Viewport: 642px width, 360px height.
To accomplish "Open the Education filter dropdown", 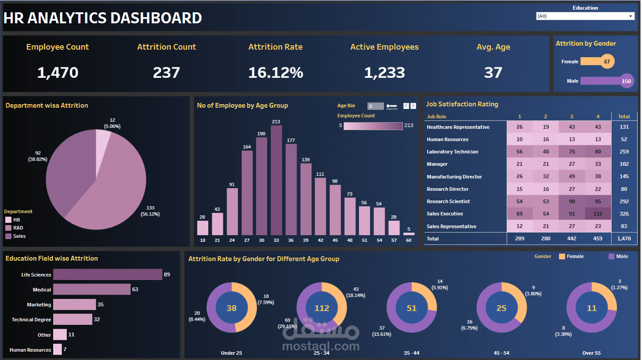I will (x=585, y=16).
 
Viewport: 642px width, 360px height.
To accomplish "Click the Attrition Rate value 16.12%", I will (x=276, y=73).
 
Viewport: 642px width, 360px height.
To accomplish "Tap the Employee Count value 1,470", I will (x=58, y=73).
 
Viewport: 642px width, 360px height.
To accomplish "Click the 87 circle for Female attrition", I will (x=607, y=62).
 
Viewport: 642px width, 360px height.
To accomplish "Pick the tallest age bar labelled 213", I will (x=276, y=180).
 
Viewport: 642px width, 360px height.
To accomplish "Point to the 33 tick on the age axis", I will (x=276, y=240).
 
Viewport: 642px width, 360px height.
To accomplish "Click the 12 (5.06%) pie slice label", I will (x=112, y=123).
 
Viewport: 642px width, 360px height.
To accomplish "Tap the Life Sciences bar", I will (x=108, y=275).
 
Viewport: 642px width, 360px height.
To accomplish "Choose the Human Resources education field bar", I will (x=58, y=349).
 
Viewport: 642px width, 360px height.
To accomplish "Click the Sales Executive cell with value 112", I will (x=598, y=214).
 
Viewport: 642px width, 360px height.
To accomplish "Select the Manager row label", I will (x=437, y=164).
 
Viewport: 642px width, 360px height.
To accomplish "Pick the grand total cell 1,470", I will (x=624, y=239).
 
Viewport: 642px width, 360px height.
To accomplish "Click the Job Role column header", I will (x=436, y=116).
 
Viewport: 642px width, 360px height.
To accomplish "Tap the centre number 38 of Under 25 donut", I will (x=232, y=308).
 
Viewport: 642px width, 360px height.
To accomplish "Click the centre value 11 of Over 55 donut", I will (x=591, y=308).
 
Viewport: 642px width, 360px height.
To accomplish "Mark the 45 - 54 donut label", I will (x=501, y=353).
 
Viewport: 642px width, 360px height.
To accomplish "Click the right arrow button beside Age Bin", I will (x=413, y=106).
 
